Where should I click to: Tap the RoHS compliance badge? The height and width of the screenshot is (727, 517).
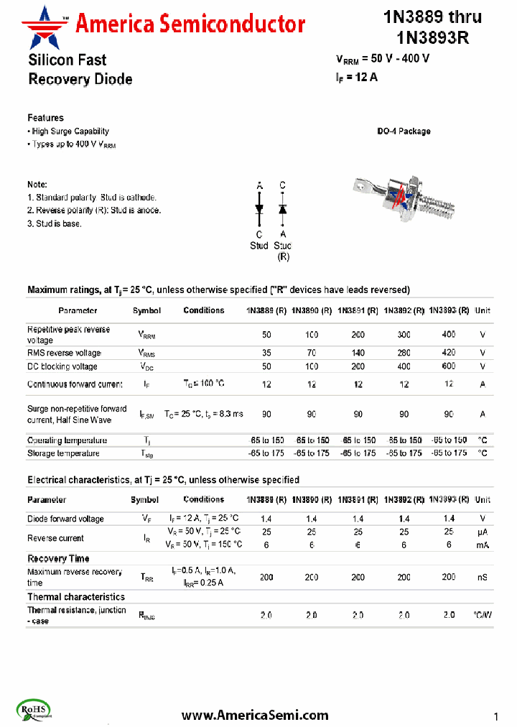29,710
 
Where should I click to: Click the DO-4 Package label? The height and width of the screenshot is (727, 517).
404,131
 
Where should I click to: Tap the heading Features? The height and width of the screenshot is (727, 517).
45,118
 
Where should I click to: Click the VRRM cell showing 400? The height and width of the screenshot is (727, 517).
448,335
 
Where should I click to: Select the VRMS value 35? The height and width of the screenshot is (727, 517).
266,353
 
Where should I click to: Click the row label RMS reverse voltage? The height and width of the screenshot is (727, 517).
64,353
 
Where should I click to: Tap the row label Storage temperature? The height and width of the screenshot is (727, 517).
63,453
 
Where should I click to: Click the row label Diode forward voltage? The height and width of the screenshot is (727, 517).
65,519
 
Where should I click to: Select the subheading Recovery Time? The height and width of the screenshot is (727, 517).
58,558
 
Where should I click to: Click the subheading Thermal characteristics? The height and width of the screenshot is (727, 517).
75,597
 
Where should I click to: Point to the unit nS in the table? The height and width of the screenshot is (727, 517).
483,577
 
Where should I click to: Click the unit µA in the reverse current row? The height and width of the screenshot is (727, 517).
483,532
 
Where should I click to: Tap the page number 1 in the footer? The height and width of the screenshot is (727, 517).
495,716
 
